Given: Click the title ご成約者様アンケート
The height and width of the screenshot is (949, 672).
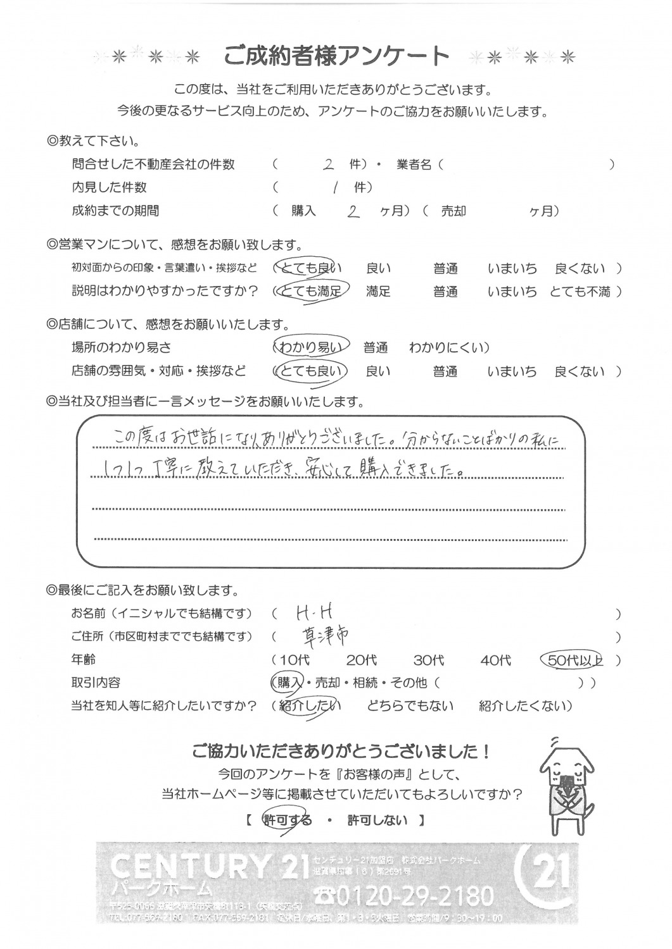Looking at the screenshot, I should coord(336,56).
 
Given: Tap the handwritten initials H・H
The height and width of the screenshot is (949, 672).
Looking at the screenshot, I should coord(314,612).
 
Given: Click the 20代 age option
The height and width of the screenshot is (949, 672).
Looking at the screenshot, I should coord(361,661).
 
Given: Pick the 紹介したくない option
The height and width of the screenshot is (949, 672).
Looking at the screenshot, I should coord(523,706).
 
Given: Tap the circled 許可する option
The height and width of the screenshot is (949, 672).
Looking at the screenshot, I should coord(288,821).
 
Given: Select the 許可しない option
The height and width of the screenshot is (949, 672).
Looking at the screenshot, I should coord(377,821).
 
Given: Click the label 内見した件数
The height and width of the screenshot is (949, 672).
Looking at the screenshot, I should coord(109,187).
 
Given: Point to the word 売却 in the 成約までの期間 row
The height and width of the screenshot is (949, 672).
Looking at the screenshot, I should coord(453,212).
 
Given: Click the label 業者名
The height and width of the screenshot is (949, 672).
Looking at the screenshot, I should coord(414,164).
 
